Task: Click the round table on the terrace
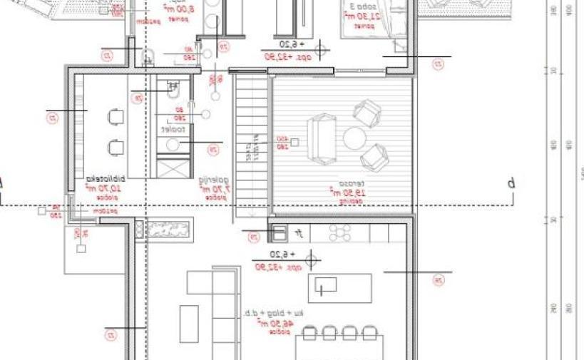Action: pyautogui.click(x=354, y=137)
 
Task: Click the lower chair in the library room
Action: pyautogui.click(x=115, y=147)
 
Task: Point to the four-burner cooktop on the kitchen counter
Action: pyautogui.click(x=339, y=232)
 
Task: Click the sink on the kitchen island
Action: pyautogui.click(x=326, y=288)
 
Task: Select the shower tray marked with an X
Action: pyautogui.click(x=173, y=168)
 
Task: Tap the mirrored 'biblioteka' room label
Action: pyautogui.click(x=105, y=179)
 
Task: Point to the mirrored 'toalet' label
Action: pyautogui.click(x=173, y=130)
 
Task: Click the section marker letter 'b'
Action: pyautogui.click(x=511, y=183)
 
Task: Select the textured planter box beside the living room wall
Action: pyautogui.click(x=168, y=230)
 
